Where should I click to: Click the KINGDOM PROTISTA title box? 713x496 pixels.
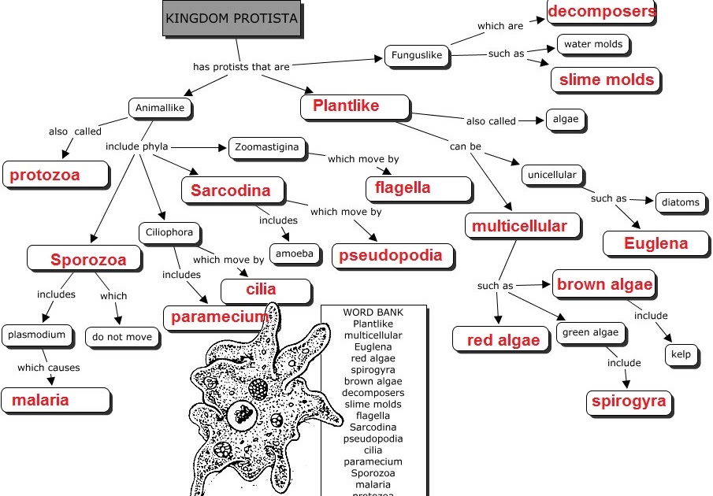(232, 18)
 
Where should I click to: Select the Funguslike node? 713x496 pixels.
(417, 56)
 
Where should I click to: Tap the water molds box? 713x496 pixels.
(593, 45)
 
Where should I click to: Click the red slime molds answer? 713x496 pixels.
(606, 80)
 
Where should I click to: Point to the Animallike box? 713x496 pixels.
(160, 108)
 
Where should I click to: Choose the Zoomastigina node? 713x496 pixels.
(267, 148)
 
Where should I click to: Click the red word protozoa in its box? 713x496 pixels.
(45, 175)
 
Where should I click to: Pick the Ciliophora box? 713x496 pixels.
(169, 233)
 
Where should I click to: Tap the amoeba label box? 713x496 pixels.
(295, 254)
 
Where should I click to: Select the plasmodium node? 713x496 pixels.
(37, 335)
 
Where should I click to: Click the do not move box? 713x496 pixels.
(122, 338)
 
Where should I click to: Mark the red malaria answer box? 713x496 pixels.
(56, 400)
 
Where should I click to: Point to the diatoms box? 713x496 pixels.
(681, 202)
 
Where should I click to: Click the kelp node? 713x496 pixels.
(681, 355)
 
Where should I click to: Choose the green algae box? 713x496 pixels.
(591, 333)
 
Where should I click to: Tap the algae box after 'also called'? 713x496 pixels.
(566, 120)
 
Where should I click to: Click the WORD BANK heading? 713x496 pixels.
(373, 312)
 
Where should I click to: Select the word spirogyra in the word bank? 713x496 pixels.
(373, 370)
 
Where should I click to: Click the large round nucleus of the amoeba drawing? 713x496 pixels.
(243, 414)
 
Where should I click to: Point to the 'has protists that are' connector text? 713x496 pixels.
(241, 67)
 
